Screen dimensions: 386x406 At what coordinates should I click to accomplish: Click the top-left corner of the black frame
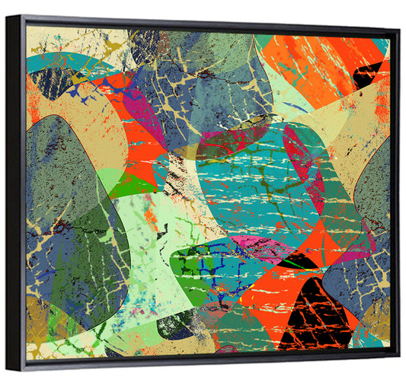point(8,16)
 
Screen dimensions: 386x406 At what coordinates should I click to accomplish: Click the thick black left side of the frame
point(15,190)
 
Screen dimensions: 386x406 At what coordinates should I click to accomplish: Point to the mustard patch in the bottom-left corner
point(38,320)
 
